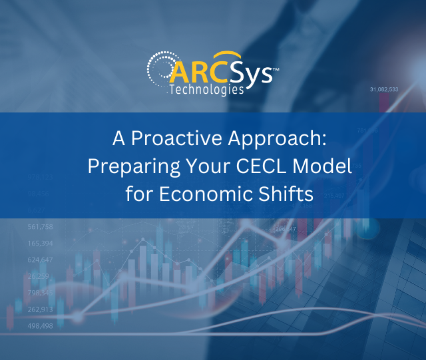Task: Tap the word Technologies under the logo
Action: point(206,89)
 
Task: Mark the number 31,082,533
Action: point(384,89)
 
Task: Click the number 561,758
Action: point(41,227)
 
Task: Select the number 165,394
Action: point(41,244)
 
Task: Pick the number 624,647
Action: point(41,260)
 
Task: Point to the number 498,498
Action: point(41,325)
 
